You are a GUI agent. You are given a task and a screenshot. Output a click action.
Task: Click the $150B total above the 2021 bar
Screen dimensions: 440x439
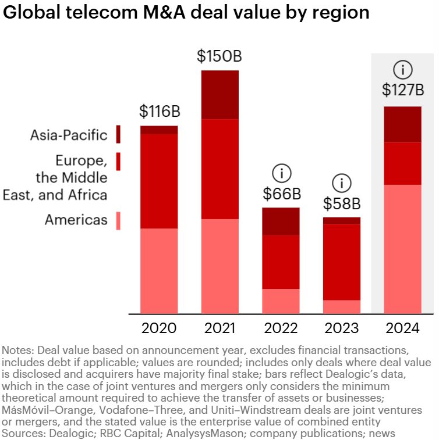[x=220, y=56]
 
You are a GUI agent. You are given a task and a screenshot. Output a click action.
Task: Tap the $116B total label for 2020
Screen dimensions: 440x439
[x=159, y=111]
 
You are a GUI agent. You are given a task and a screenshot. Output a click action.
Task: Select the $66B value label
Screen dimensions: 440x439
[x=281, y=193]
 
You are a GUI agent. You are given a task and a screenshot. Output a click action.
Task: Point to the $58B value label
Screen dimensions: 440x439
[x=342, y=203]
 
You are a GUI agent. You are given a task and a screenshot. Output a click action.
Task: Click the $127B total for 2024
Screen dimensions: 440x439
[x=402, y=91]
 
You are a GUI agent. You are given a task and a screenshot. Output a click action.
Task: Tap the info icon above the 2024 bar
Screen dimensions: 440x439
[x=402, y=70]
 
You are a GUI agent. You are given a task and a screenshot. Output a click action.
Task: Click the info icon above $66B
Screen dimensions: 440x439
[x=281, y=173]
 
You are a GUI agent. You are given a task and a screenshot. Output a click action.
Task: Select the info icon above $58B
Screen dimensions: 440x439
[x=342, y=183]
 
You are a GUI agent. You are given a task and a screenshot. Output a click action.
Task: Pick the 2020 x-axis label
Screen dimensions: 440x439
[x=159, y=328]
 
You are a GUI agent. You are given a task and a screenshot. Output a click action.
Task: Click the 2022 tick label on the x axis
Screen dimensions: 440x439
[x=281, y=328]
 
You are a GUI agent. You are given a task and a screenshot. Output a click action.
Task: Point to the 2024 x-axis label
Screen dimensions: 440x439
[x=402, y=328]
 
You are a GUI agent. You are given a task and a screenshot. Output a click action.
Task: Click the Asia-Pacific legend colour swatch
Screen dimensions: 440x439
[x=118, y=134]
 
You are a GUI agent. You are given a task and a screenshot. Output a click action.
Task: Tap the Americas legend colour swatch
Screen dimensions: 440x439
[x=118, y=220]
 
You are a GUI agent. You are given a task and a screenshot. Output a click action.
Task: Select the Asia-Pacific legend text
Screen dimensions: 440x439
[x=69, y=135]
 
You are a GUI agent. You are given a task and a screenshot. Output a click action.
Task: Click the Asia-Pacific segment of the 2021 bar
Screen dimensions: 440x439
[x=220, y=95]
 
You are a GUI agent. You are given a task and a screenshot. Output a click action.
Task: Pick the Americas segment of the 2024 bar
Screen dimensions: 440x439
[x=402, y=249]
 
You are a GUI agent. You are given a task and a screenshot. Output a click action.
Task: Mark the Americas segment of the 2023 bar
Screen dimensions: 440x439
[x=342, y=307]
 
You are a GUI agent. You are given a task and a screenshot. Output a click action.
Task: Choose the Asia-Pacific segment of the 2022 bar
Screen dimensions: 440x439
[x=281, y=221]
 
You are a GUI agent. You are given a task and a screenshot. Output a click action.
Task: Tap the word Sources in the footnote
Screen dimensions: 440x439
[x=21, y=433]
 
